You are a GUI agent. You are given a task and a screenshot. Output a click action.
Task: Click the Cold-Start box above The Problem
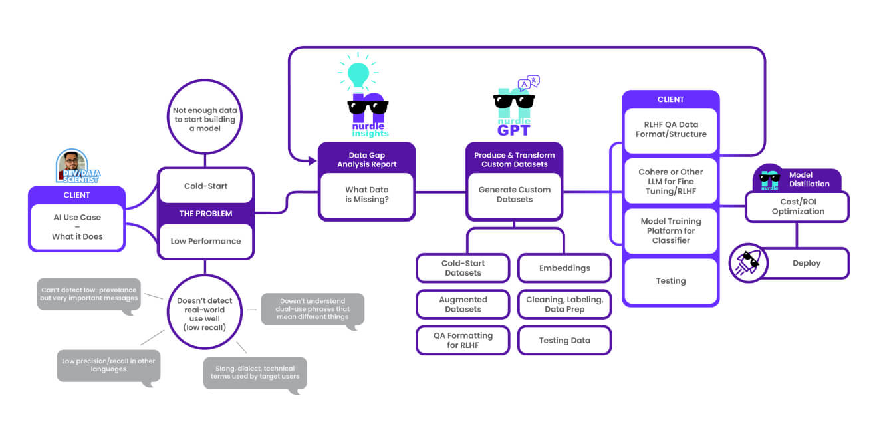coord(205,186)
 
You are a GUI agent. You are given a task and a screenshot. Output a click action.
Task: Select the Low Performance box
coord(205,241)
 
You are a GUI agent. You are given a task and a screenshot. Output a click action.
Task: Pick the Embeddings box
coord(564,268)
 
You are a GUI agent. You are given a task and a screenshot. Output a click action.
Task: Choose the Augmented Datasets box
coord(463,304)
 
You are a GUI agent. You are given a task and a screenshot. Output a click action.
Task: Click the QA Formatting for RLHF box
coord(463,341)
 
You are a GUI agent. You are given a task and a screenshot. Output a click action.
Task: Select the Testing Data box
coord(564,341)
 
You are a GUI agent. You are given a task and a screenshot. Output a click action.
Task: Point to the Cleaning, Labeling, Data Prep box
coord(564,304)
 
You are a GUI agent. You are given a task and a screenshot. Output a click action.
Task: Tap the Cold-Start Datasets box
coord(463,268)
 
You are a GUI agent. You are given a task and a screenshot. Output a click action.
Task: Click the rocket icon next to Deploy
coord(749,263)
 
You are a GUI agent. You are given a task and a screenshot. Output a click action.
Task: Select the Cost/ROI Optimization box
coord(797,206)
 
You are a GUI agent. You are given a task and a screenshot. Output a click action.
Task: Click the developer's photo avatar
coord(72,164)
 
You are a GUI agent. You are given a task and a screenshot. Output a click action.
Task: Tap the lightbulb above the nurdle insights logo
coord(358,73)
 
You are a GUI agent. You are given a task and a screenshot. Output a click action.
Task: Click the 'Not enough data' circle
coord(205,118)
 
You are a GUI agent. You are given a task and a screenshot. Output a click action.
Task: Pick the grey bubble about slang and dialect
coord(255,373)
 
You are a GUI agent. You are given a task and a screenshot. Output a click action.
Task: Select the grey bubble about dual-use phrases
coord(313,308)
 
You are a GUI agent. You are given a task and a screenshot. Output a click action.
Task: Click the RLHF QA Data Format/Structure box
coord(670,130)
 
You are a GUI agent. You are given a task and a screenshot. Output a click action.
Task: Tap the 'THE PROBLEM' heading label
coord(205,214)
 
